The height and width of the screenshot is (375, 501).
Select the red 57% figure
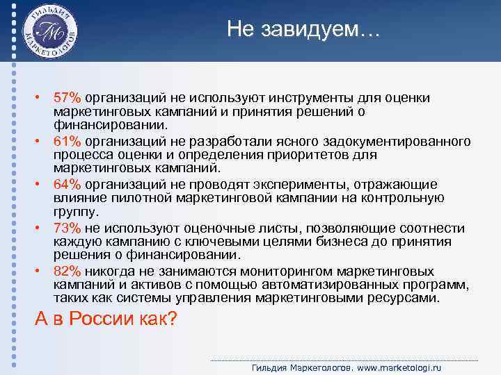click(67, 99)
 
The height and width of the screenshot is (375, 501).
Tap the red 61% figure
click(67, 142)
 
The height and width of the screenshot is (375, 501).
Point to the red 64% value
click(67, 184)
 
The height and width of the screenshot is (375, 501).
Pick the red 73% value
click(67, 227)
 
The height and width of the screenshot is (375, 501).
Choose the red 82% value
click(67, 270)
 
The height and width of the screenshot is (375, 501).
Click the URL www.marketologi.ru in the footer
click(401, 367)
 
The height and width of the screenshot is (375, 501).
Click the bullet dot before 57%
click(42, 99)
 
